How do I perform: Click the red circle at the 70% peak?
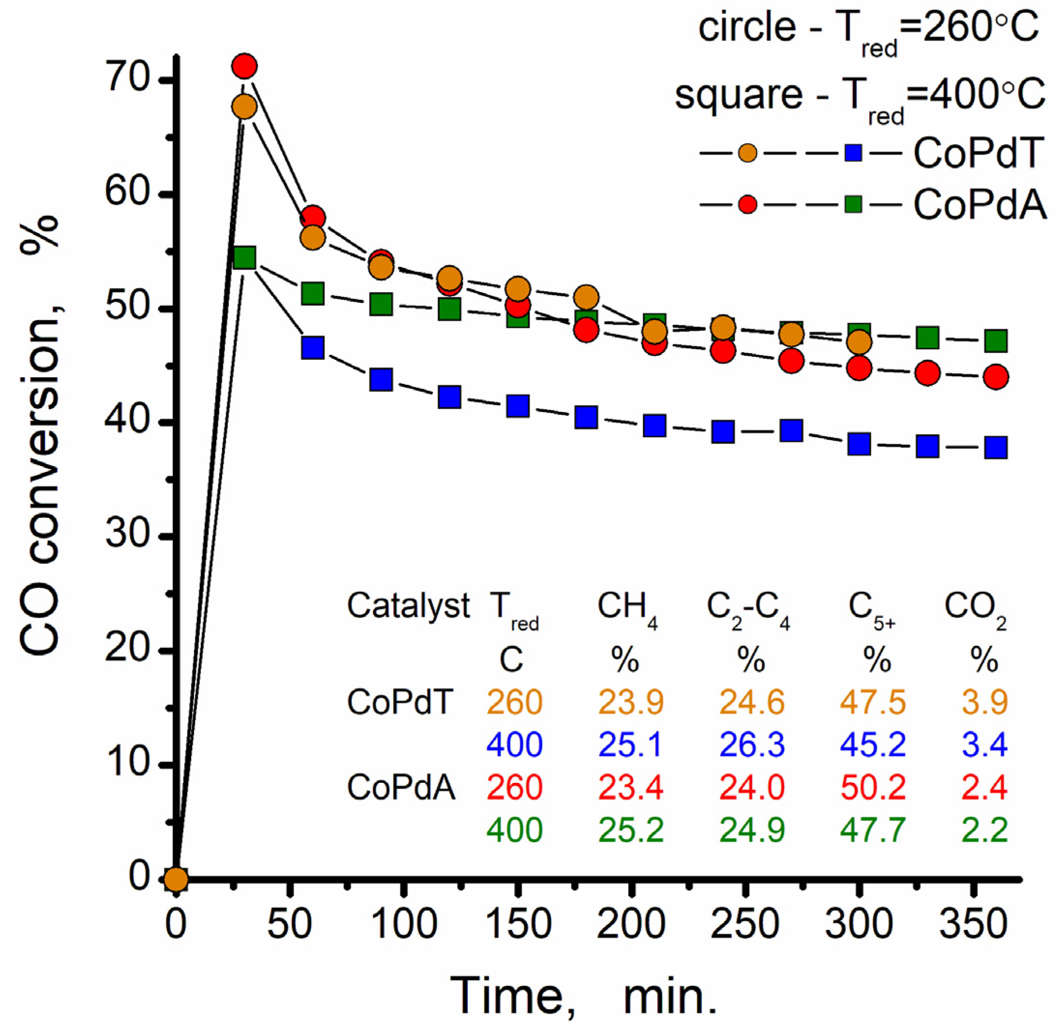244,66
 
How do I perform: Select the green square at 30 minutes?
244,258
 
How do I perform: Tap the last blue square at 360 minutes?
996,448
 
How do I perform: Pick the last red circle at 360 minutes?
996,376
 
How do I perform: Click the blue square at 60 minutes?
313,348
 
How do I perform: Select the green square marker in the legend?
853,204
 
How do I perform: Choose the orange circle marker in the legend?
747,154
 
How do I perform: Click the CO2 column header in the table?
975,607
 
